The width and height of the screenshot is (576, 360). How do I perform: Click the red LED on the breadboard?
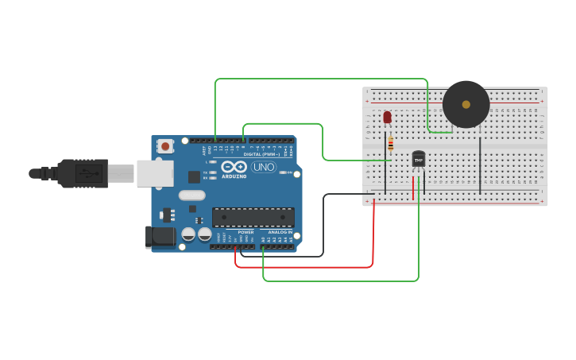click(x=387, y=118)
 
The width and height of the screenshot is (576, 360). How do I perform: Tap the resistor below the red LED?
click(x=390, y=144)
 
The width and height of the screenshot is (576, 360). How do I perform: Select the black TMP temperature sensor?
click(x=419, y=160)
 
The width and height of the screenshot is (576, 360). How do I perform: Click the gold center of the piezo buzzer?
click(x=466, y=104)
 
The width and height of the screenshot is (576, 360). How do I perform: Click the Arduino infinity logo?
click(x=234, y=167)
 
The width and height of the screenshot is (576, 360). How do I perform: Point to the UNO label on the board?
click(x=263, y=167)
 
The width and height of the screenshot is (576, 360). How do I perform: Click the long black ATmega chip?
click(x=253, y=217)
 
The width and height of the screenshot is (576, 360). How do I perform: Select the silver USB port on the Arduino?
click(x=154, y=173)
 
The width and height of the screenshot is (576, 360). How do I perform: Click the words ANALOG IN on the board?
click(x=280, y=232)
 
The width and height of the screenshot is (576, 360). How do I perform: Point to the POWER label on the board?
click(x=245, y=232)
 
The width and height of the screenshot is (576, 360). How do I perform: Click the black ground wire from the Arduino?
click(x=323, y=230)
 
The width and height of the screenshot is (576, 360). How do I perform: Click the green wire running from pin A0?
click(x=342, y=281)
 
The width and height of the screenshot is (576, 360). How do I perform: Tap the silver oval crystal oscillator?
click(x=191, y=195)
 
